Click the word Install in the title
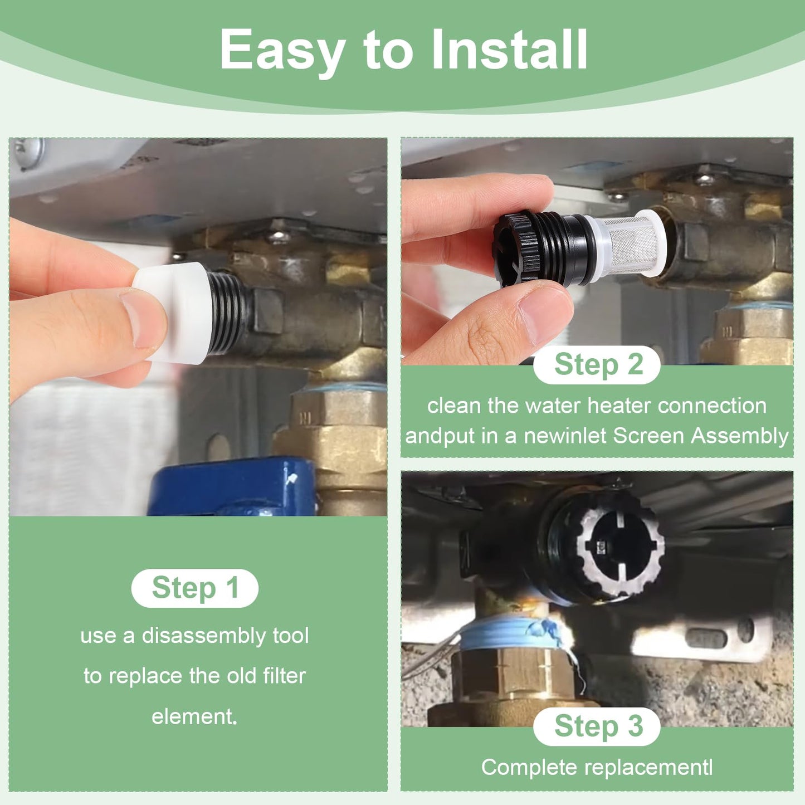[509, 50]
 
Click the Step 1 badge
[195, 588]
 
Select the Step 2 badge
[597, 365]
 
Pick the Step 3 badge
[597, 726]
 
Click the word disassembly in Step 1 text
[204, 636]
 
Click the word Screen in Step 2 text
[649, 436]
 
